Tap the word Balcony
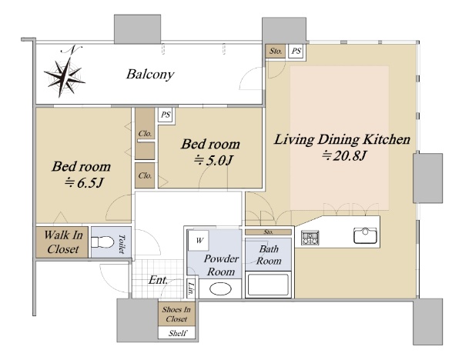[150, 74]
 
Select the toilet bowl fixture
[102, 242]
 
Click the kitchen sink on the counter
[365, 235]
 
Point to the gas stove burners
[310, 238]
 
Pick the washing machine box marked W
[199, 241]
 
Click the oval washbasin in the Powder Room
[220, 288]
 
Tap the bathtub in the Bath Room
[268, 285]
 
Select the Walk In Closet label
[63, 242]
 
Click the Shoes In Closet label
[176, 314]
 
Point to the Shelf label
[177, 333]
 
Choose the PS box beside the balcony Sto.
[296, 52]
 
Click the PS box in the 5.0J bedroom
[166, 115]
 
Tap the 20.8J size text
[344, 155]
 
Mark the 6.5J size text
[84, 183]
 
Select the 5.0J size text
[213, 161]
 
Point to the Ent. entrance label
[158, 280]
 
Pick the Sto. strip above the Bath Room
[268, 232]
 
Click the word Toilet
[121, 244]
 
